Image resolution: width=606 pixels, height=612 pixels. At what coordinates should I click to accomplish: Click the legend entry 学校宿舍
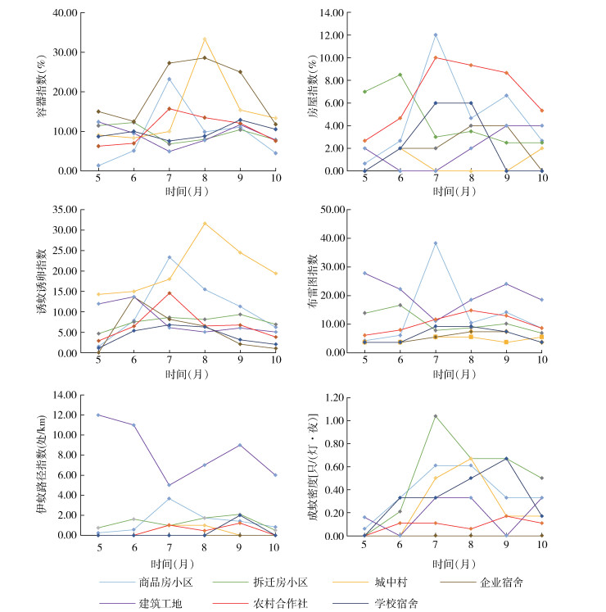point(388,603)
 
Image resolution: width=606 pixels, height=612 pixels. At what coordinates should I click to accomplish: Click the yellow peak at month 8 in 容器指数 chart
point(205,39)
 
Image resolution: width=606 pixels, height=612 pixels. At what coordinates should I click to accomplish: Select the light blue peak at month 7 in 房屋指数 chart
point(435,34)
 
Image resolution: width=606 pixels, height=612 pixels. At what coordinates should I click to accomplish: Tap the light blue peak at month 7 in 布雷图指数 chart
point(435,243)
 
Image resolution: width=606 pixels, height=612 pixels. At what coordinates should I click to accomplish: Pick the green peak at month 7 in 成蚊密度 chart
point(435,415)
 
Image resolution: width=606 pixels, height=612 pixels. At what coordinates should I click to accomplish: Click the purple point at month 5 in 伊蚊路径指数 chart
point(98,415)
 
